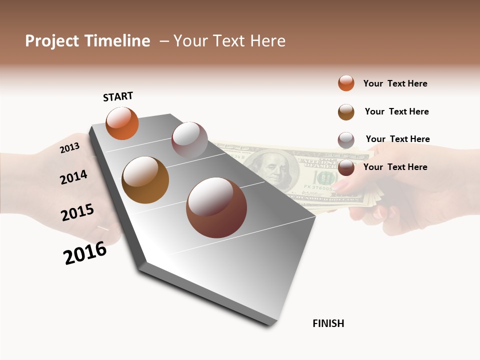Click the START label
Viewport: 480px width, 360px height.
tap(118, 96)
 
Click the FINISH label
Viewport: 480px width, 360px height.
tap(328, 323)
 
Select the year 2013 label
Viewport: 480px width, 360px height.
tap(69, 148)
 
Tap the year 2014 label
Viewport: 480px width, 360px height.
tap(73, 177)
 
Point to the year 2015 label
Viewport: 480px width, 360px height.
tap(77, 212)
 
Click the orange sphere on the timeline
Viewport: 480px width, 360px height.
tap(122, 123)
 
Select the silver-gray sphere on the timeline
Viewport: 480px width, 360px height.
tap(189, 140)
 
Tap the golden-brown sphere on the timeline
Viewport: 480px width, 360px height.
tap(145, 180)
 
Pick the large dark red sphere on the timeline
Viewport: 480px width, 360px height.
tap(216, 207)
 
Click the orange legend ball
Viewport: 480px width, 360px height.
tap(346, 83)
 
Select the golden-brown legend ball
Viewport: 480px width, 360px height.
tap(346, 112)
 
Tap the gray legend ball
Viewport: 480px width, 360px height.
tap(346, 140)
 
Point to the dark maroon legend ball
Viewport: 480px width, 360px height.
tap(346, 167)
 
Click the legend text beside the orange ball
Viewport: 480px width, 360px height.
tap(395, 83)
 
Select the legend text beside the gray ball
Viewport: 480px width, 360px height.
tap(397, 139)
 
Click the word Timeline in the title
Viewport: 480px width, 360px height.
tap(117, 41)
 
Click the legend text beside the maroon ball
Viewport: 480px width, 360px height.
tap(395, 167)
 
